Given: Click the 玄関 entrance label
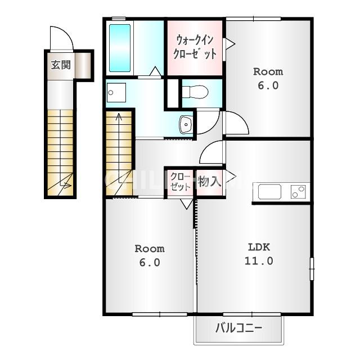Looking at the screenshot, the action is pyautogui.click(x=61, y=65).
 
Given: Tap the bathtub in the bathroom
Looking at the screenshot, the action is pyautogui.click(x=120, y=48).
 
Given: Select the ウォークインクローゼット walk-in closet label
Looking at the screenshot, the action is pyautogui.click(x=195, y=47).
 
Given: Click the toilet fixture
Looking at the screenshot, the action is pyautogui.click(x=195, y=92).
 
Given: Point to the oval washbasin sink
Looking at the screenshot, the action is pyautogui.click(x=186, y=124).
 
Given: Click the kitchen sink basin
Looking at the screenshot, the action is pyautogui.click(x=269, y=191).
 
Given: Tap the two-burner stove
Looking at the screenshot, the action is pyautogui.click(x=298, y=192).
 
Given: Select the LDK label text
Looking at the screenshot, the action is pyautogui.click(x=259, y=247).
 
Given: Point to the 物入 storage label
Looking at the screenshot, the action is pyautogui.click(x=209, y=181).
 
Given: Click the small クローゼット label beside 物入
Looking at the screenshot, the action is pyautogui.click(x=180, y=182).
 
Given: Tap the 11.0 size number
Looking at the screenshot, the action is pyautogui.click(x=259, y=261).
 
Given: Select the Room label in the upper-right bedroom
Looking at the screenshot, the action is pyautogui.click(x=268, y=72).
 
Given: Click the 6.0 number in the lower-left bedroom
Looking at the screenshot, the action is pyautogui.click(x=150, y=263).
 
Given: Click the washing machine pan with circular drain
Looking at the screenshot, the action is pyautogui.click(x=116, y=92).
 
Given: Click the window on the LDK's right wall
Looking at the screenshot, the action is pyautogui.click(x=312, y=269).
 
